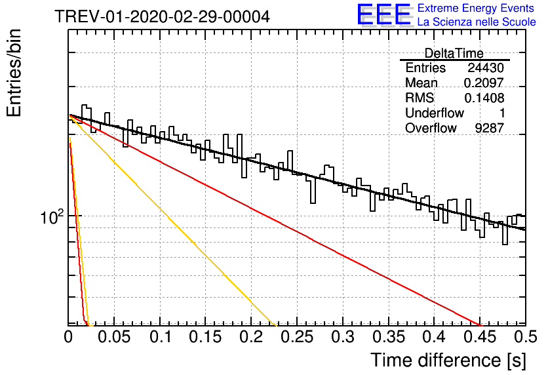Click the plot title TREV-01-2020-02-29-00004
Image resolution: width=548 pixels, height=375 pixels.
tap(162, 16)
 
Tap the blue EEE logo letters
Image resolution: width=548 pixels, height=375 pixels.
tap(383, 14)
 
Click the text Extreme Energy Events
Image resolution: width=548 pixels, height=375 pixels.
tap(476, 8)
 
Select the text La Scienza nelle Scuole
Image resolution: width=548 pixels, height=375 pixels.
tap(477, 22)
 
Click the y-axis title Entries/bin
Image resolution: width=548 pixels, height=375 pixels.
tap(14, 73)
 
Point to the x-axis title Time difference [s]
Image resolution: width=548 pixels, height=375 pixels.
tap(448, 360)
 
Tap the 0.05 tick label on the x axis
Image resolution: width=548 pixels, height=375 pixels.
tap(114, 337)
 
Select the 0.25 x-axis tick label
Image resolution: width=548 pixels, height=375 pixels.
tap(297, 337)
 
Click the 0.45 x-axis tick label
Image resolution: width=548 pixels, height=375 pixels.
tap(480, 337)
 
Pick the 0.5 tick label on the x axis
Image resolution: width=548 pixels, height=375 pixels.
tap(526, 337)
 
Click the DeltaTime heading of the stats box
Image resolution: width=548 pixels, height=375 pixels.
tap(454, 53)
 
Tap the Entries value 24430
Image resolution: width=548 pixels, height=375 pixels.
tap(486, 68)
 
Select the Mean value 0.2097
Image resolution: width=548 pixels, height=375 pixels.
tap(484, 83)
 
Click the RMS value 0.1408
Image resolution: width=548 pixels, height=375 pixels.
tap(484, 98)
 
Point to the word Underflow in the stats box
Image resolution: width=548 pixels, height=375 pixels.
tap(435, 113)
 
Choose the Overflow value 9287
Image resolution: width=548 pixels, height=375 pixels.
tap(489, 128)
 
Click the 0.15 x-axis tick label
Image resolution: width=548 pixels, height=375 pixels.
tap(206, 337)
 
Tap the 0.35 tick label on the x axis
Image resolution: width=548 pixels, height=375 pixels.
tap(389, 337)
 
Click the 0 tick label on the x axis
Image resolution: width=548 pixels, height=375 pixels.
tap(68, 337)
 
